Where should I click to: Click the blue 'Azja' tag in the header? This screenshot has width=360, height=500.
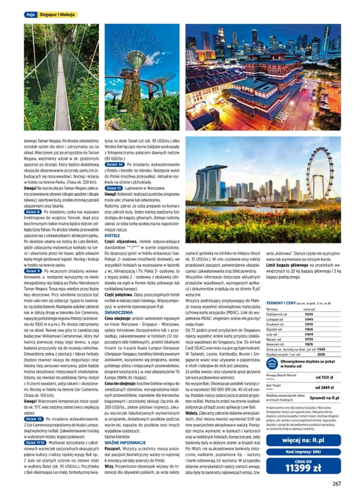pos(30,15)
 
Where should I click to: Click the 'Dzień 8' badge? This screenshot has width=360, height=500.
pos(33,212)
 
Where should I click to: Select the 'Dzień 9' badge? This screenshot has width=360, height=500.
pos(33,271)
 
